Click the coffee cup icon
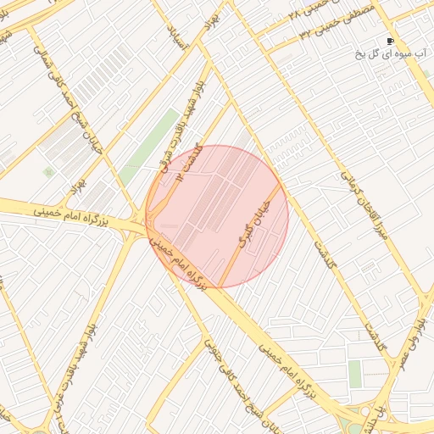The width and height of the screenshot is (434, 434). click(x=391, y=40)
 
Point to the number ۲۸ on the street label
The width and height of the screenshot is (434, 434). click(x=296, y=14)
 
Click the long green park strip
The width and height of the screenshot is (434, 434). click(x=149, y=145)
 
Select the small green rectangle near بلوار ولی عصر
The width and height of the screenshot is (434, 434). click(x=355, y=373)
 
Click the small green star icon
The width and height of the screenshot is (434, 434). click(x=49, y=172)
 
